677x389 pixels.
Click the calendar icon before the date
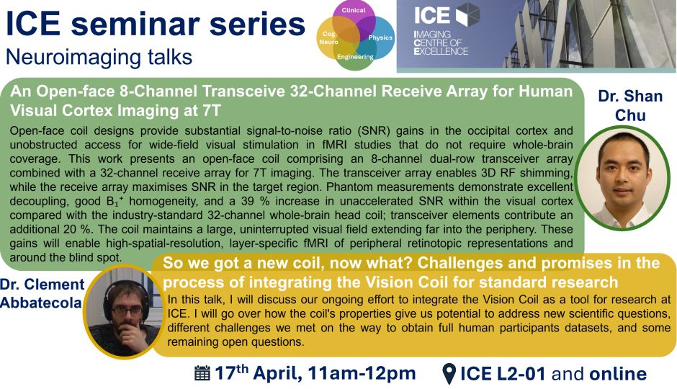pos(202,373)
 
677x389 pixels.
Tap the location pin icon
pos(449,374)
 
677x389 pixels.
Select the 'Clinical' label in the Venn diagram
pos(354,10)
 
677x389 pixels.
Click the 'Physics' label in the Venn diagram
pos(380,37)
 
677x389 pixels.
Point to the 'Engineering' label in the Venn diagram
pos(355,57)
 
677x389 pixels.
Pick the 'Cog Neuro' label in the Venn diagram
pos(328,37)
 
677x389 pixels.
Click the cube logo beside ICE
pos(467,14)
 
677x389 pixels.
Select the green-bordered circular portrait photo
pos(622,177)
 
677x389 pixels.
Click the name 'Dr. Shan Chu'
pos(630,105)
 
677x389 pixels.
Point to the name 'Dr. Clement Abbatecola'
pos(41,293)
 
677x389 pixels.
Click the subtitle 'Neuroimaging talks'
pos(99,57)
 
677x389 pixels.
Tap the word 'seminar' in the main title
pos(135,24)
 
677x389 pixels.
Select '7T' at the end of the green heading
pos(211,110)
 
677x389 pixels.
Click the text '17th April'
pos(257,373)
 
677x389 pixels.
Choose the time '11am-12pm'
pos(362,373)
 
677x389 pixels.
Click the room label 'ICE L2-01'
pos(503,374)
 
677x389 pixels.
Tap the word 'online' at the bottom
pos(618,374)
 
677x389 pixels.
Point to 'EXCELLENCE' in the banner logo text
pos(441,51)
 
